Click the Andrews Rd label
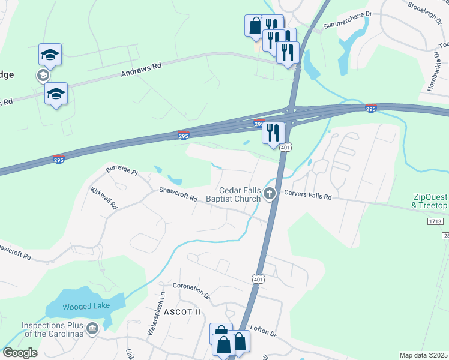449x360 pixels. tap(142, 71)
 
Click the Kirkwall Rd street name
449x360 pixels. tap(104, 196)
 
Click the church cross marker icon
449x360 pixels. tap(270, 193)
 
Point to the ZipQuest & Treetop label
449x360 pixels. tap(430, 201)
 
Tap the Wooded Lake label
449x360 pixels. tap(85, 306)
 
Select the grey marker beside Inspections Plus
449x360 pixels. tap(92, 328)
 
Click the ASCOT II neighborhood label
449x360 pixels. tap(181, 312)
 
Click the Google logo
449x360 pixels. tap(19, 353)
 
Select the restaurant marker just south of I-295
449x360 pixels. tap(273, 131)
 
